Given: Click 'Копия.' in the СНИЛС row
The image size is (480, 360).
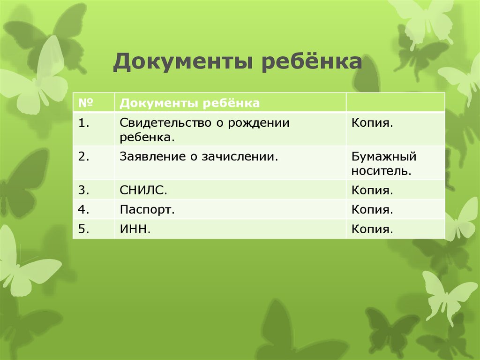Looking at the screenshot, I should pyautogui.click(x=372, y=191).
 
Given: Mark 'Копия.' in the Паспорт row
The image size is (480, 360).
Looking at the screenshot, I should pyautogui.click(x=372, y=209).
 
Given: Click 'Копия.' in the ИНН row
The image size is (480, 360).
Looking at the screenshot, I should pyautogui.click(x=372, y=229).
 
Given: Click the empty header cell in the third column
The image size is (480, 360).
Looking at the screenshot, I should pyautogui.click(x=395, y=102).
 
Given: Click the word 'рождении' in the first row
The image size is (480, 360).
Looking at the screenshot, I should pyautogui.click(x=263, y=123).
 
